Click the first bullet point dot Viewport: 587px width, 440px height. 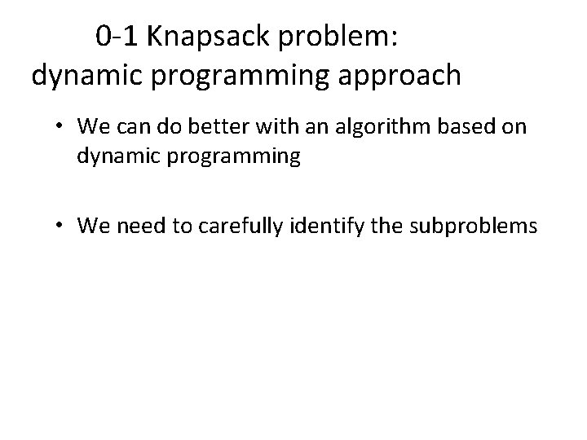coord(60,127)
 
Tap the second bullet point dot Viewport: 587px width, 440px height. coord(60,226)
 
